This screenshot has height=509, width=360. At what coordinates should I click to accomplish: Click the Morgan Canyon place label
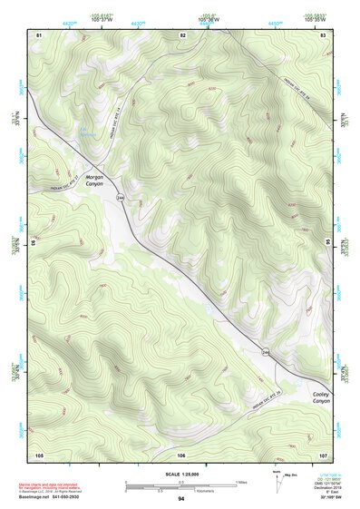tap(96, 180)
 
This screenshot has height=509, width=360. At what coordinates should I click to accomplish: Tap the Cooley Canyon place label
tap(320, 397)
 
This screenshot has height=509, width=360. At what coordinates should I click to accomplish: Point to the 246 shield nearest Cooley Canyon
tap(267, 351)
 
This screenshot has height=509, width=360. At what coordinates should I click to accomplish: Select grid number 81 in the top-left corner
tap(39, 34)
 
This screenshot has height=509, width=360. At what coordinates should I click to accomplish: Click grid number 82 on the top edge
tap(182, 34)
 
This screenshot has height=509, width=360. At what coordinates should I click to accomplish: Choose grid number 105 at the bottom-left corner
tap(39, 454)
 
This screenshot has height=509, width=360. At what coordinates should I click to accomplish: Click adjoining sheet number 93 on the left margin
tap(35, 243)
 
